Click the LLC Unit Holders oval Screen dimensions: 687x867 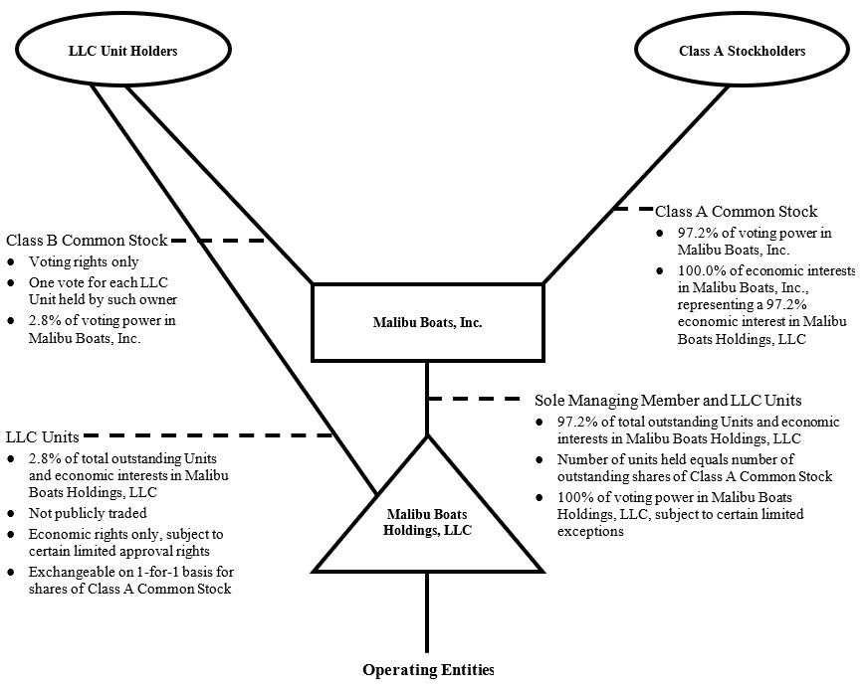tap(122, 51)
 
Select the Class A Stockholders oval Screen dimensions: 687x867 tap(742, 51)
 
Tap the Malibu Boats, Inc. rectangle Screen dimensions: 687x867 tap(427, 322)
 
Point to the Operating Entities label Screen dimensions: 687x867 tap(428, 670)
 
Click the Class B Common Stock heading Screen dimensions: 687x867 tap(87, 241)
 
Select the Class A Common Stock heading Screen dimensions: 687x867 tap(736, 211)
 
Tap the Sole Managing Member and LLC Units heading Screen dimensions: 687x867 tap(668, 401)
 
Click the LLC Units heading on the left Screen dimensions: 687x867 tap(42, 436)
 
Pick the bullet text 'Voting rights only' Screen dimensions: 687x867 tap(84, 262)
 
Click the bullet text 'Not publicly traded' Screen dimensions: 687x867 tap(88, 513)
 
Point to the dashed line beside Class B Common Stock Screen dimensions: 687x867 tap(229, 241)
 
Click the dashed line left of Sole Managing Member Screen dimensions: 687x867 tap(476, 400)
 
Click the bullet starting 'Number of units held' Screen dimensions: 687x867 tap(694, 468)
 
